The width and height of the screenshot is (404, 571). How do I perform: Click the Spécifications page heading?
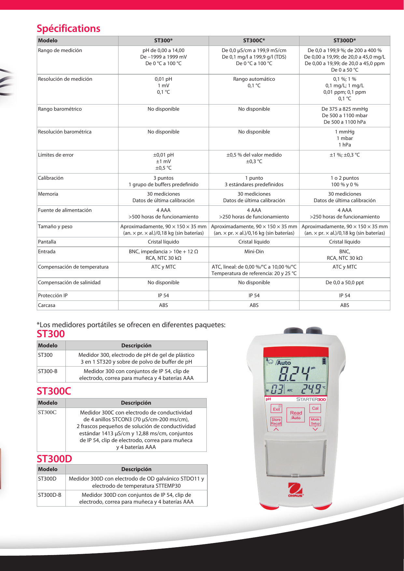tap(68, 29)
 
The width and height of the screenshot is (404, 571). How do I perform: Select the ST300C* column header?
tap(254, 41)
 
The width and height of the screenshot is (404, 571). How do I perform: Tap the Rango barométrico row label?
tap(60, 109)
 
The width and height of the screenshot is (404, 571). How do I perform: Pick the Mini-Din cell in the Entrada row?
tap(254, 252)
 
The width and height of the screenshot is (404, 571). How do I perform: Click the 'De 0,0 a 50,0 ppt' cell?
tap(344, 283)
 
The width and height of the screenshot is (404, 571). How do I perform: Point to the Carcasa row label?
tap(47, 305)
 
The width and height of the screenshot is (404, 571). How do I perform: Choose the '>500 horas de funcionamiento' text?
tap(163, 217)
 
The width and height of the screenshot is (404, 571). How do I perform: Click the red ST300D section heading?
tap(54, 459)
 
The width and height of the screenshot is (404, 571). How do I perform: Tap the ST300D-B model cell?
tap(49, 495)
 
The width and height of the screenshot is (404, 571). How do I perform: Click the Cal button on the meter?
tap(315, 408)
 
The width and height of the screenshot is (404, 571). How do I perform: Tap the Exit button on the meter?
tap(276, 409)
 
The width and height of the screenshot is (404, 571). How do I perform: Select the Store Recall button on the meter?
tap(276, 422)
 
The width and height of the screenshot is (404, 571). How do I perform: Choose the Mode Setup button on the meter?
tap(315, 421)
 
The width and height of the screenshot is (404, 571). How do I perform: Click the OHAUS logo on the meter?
tap(296, 490)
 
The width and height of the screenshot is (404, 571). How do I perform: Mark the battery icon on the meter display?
tap(324, 361)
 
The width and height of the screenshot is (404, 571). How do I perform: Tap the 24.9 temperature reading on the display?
tap(311, 389)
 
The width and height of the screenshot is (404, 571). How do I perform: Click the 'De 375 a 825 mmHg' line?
tap(344, 109)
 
